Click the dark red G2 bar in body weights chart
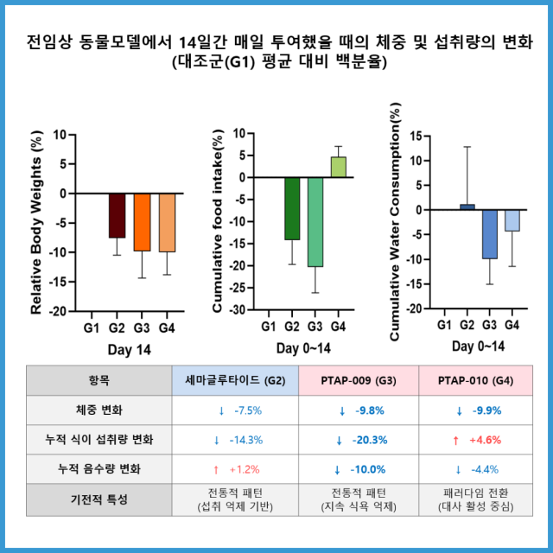click(117, 215)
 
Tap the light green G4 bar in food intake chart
click(338, 167)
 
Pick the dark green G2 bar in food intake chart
click(292, 208)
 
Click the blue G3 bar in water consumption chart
click(490, 233)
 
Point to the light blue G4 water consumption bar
click(512, 220)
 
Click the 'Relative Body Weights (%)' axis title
click(36, 223)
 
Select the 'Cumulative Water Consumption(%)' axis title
click(396, 222)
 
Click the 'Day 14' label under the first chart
click(130, 348)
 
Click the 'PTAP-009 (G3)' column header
click(359, 380)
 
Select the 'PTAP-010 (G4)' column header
click(478, 380)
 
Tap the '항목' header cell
click(99, 380)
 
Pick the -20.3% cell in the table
click(359, 440)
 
